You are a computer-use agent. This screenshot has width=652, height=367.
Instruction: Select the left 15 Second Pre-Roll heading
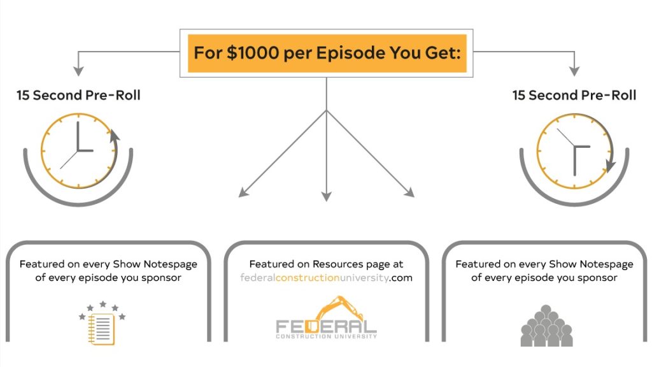pos(78,95)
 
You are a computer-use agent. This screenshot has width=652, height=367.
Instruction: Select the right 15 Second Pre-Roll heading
pos(574,95)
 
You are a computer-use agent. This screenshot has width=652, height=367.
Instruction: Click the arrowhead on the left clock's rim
pos(115,136)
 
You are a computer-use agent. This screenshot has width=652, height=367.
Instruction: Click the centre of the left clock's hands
pos(78,150)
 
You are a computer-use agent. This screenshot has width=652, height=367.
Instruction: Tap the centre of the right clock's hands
pos(574,147)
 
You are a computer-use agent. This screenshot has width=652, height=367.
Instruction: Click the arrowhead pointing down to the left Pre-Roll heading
pos(78,71)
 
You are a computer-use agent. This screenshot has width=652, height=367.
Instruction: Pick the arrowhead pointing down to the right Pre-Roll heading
pos(574,71)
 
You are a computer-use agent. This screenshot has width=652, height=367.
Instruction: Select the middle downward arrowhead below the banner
pos(327,196)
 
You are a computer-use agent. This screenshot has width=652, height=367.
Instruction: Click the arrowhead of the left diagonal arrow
pos(243,192)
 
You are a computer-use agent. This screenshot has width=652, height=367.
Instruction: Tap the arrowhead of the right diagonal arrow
pos(409,192)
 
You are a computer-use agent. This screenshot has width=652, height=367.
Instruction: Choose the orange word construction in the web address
pos(308,278)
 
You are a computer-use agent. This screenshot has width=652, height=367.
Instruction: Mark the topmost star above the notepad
pos(103,304)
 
